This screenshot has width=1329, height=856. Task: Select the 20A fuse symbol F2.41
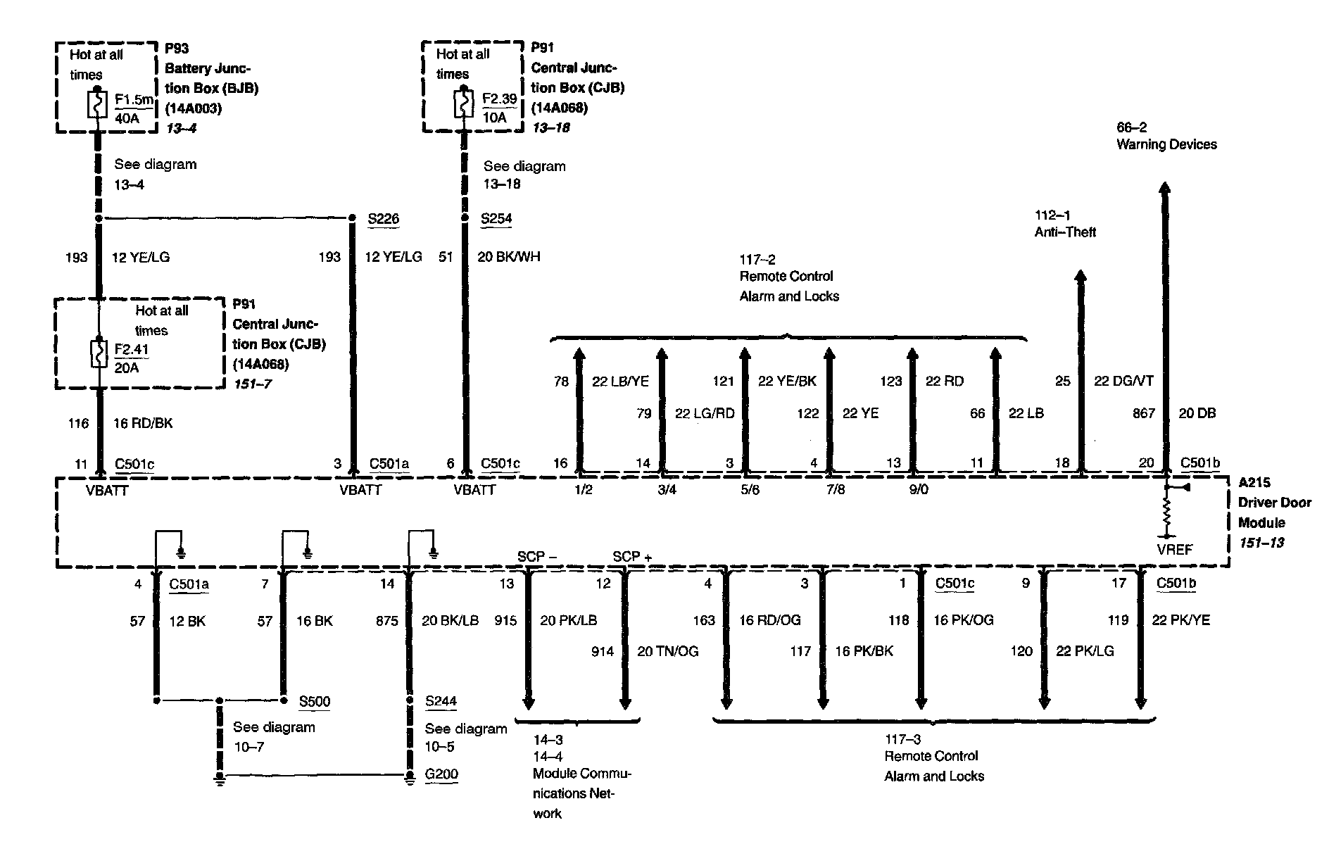[99, 353]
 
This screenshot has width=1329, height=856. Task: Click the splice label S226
[383, 218]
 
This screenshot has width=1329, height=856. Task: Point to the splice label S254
[496, 218]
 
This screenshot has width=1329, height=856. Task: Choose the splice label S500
[314, 701]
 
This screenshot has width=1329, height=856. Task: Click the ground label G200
[441, 774]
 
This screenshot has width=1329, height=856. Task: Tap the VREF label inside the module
[1174, 549]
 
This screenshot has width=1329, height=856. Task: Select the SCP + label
[631, 557]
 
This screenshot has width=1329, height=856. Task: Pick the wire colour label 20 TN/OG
[667, 652]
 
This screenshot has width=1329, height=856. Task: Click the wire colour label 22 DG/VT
[1123, 381]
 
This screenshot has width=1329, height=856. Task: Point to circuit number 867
[1143, 413]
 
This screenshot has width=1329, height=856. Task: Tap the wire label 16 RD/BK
[143, 423]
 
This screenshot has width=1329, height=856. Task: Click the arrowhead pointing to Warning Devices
[1165, 189]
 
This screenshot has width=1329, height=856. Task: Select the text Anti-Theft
[1065, 232]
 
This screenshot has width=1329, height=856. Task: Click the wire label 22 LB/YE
[620, 381]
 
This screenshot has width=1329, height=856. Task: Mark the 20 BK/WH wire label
[508, 257]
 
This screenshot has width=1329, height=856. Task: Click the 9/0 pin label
[918, 489]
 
